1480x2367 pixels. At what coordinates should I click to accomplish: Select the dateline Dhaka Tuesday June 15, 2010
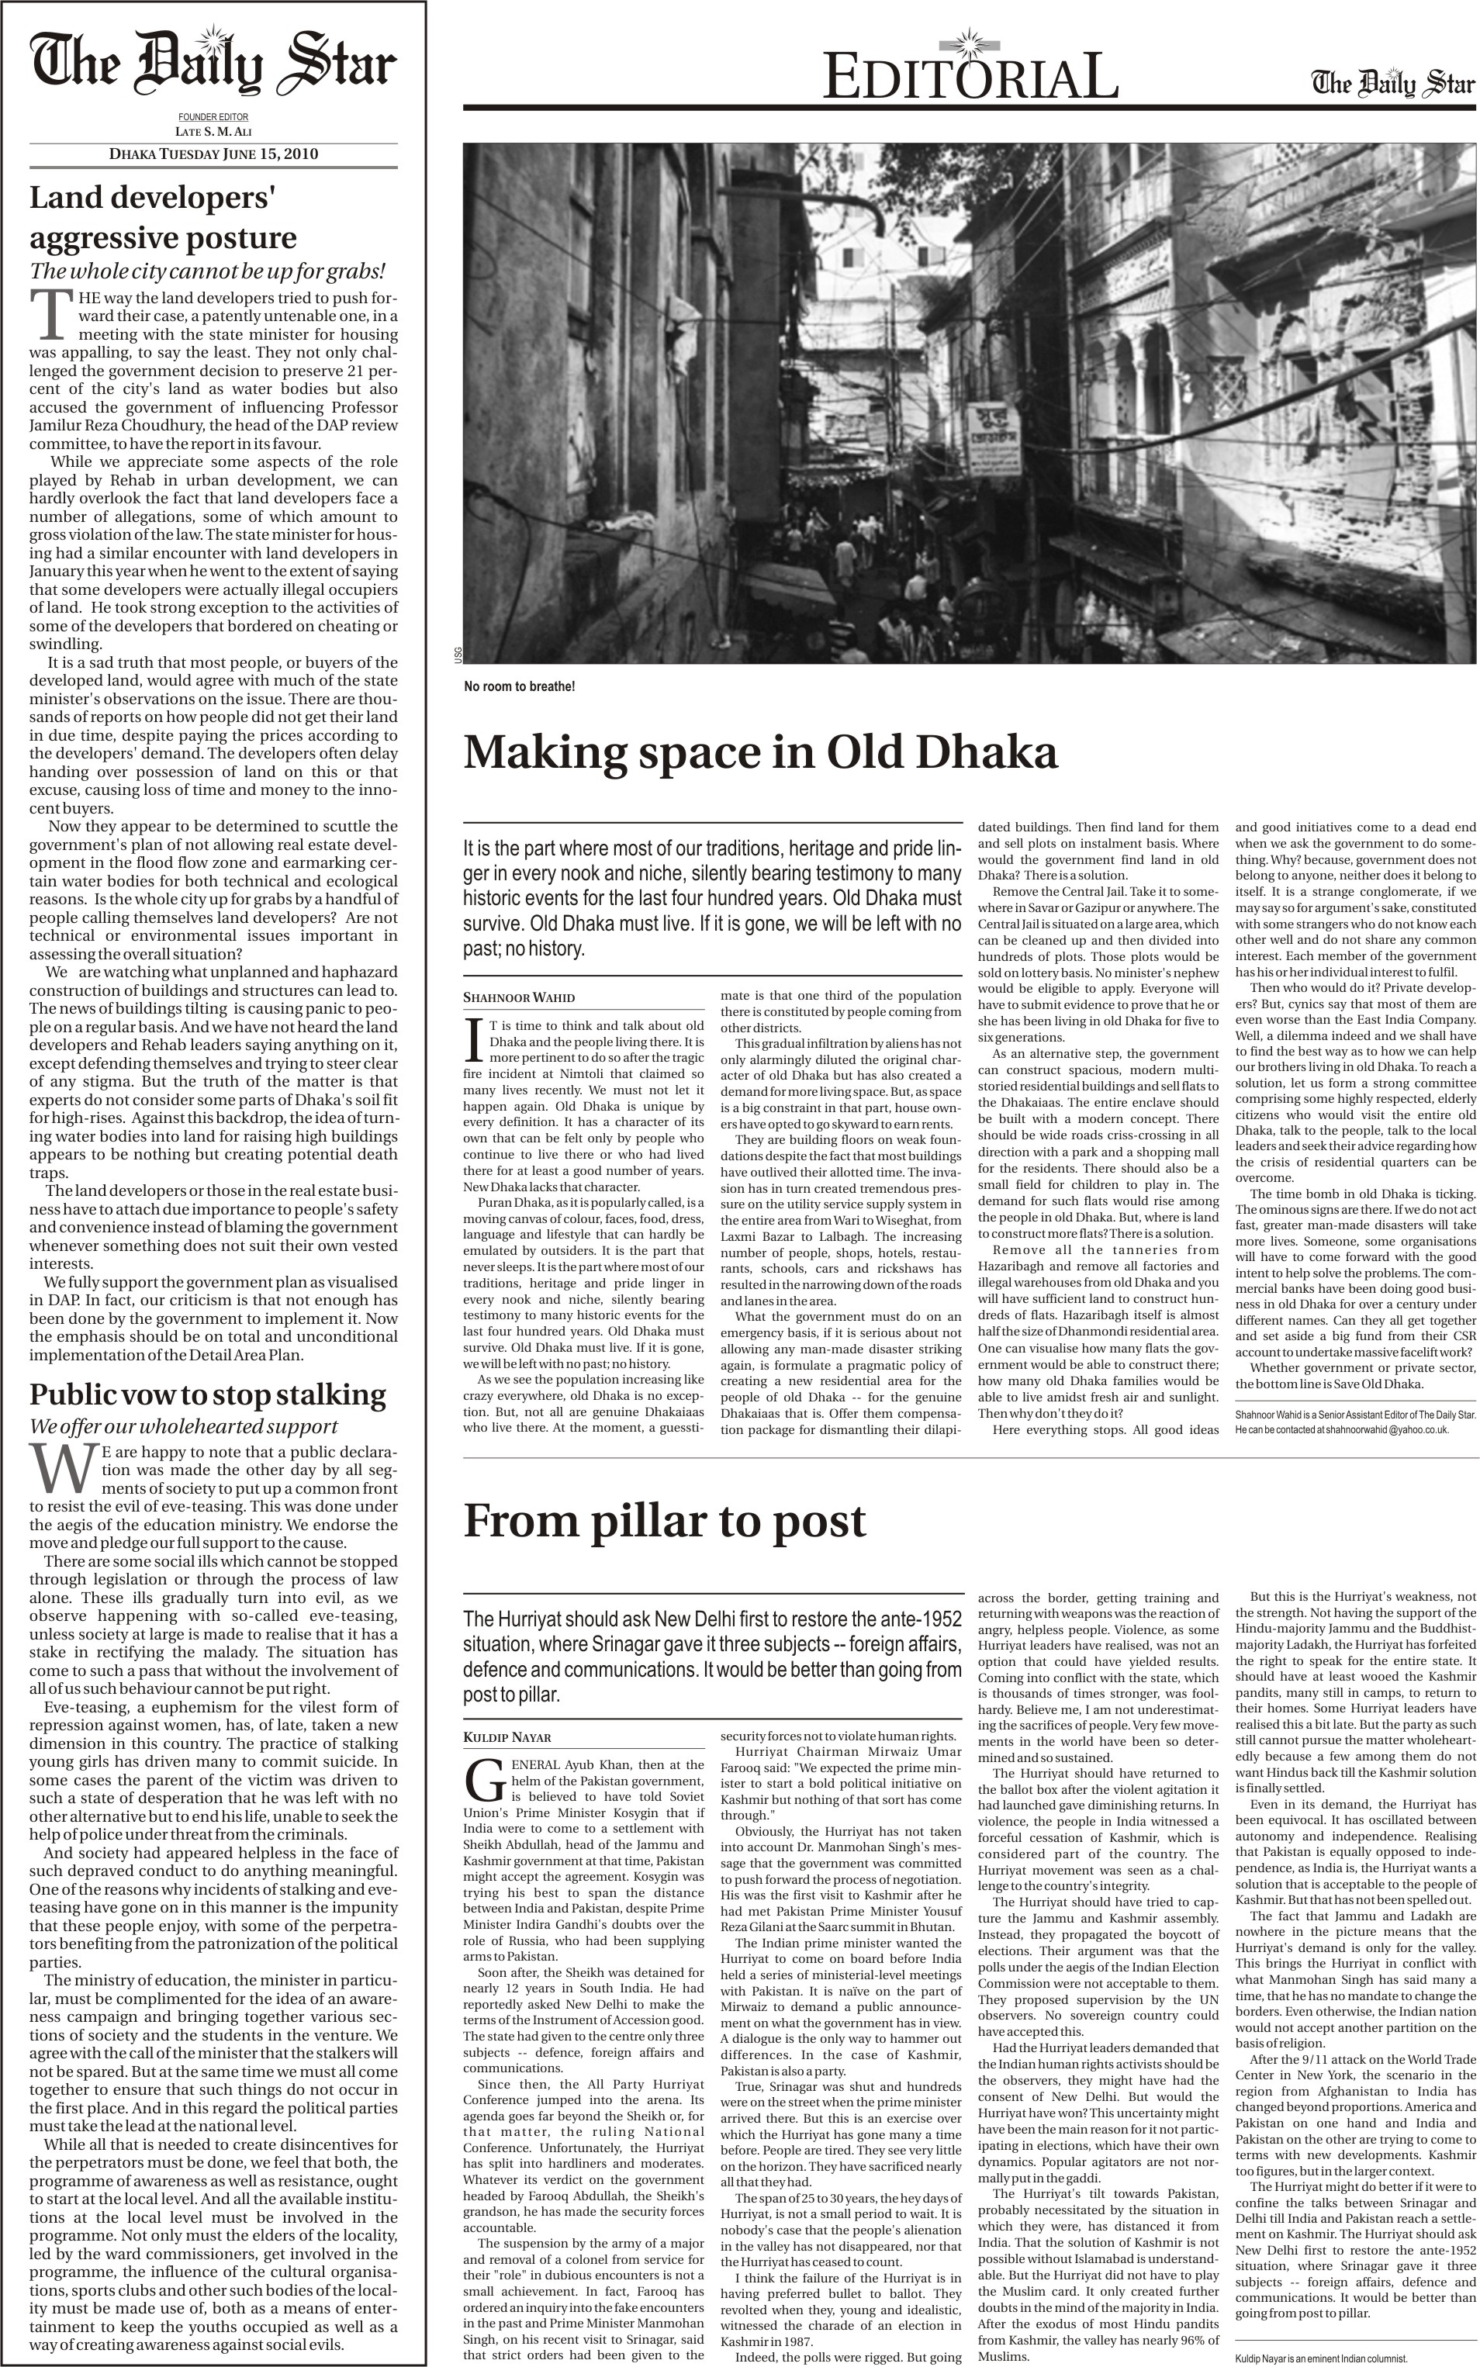pos(213,154)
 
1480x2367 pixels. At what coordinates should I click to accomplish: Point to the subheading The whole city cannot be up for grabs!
pos(208,271)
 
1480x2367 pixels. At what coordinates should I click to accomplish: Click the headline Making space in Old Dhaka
pos(760,752)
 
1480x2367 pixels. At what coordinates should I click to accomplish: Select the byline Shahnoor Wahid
pos(519,998)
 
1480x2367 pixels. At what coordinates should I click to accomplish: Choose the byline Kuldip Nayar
pos(507,1710)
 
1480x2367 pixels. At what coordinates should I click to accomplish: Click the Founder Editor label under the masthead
pos(213,117)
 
